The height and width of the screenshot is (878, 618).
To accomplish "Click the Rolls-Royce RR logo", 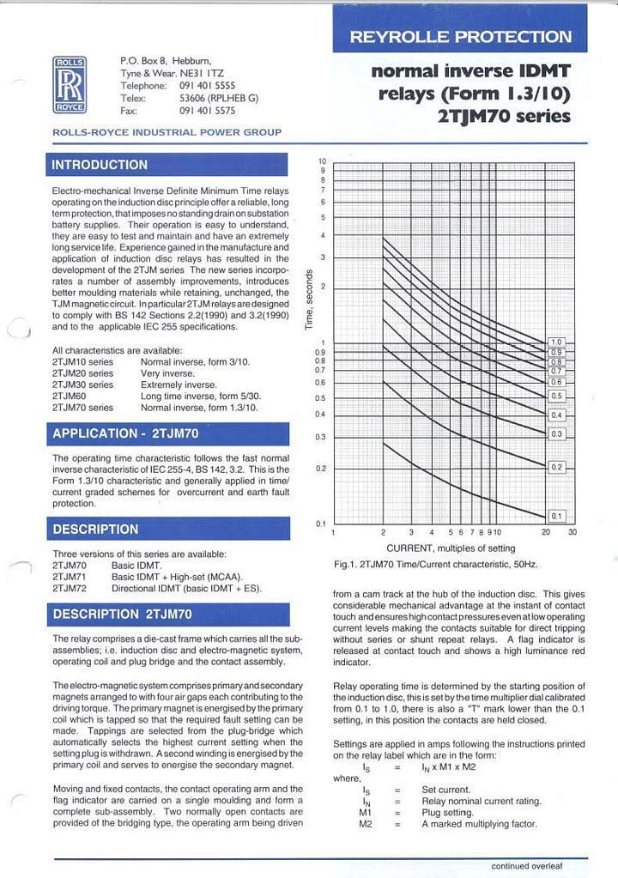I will click(x=69, y=85).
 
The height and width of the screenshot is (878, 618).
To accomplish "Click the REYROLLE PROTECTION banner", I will click(x=460, y=37).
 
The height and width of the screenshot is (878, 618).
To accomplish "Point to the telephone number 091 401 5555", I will click(x=207, y=86).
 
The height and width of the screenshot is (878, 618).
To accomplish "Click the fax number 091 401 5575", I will click(x=207, y=111).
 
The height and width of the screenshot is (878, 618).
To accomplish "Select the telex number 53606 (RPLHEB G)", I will click(x=219, y=98).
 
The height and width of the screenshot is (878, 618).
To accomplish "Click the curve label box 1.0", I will click(x=556, y=342).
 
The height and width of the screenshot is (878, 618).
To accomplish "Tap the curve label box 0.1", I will click(x=556, y=516).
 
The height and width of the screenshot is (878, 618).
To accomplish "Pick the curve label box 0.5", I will click(x=556, y=396).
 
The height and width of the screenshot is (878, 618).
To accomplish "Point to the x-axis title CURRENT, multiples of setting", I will click(x=451, y=548).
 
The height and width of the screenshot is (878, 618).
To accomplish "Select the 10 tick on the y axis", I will click(x=323, y=161).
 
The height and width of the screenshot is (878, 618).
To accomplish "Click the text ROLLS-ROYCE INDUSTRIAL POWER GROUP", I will click(x=167, y=132).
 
